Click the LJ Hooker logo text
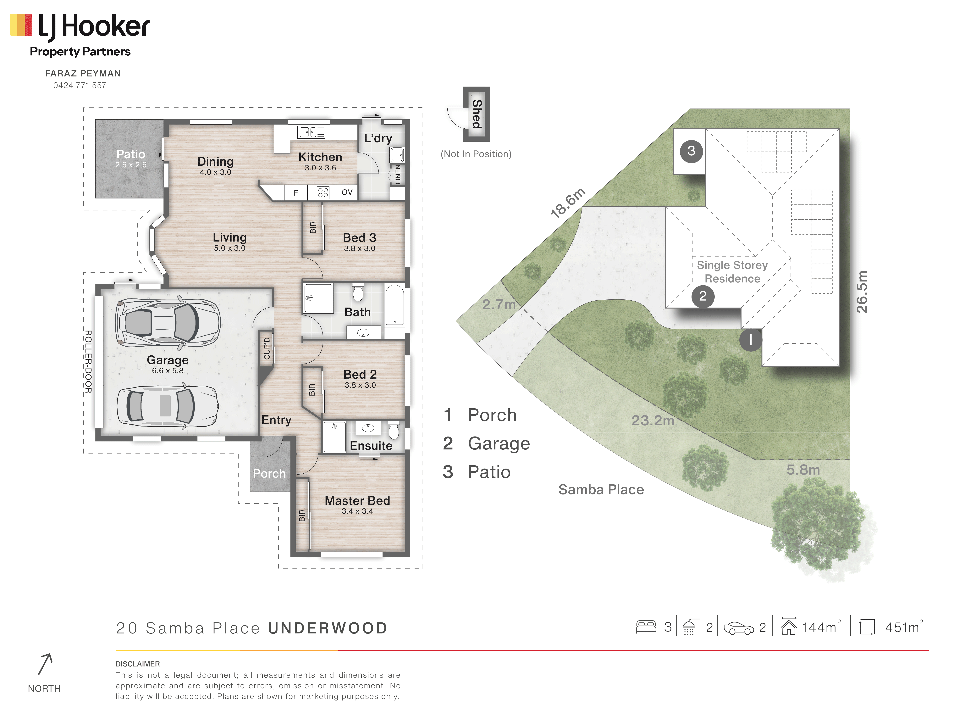[x=94, y=26]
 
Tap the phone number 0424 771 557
[x=80, y=86]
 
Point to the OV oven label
[x=347, y=192]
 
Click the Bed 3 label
[x=360, y=238]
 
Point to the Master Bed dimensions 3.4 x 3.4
[x=357, y=511]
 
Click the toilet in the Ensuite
[x=394, y=430]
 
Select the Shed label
[x=477, y=114]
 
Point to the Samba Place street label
[x=601, y=490]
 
